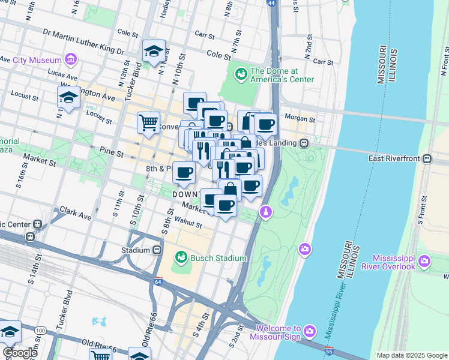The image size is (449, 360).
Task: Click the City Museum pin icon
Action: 71,60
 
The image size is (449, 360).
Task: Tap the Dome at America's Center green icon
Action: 241,74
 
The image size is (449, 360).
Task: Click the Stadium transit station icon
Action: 157,250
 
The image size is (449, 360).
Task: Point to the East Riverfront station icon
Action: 427,158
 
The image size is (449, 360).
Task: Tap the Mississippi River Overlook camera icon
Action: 425,260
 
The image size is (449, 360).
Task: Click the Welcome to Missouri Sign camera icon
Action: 310,331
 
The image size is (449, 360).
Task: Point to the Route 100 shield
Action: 40,331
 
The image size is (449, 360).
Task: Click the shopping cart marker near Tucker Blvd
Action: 148,122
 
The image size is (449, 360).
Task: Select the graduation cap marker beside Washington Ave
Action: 69,97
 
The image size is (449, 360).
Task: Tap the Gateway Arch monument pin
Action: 265,212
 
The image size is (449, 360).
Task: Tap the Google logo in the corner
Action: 20,353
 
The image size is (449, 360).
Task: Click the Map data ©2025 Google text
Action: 412,355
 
